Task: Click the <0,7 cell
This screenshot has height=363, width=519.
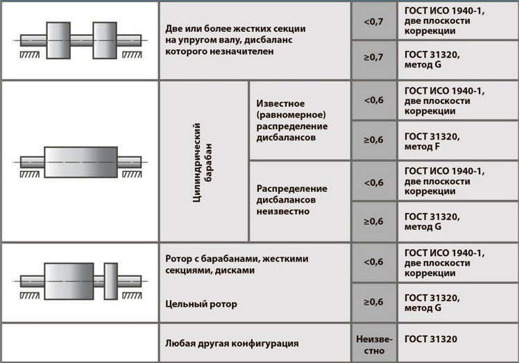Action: (374, 22)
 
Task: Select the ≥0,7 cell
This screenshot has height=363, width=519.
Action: (374, 60)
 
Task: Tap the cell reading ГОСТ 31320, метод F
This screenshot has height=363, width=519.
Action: (458, 141)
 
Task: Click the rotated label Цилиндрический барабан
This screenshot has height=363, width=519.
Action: (203, 162)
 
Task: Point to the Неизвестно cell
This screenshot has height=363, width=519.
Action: (374, 343)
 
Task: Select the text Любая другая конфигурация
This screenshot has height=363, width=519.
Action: (232, 343)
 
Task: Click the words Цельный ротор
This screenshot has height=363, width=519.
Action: (201, 304)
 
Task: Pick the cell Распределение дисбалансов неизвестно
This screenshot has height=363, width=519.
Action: (300, 201)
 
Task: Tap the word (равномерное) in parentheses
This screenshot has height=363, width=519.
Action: (291, 115)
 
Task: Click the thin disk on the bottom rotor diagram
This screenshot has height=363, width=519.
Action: (111, 281)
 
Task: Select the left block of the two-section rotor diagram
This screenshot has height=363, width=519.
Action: (58, 40)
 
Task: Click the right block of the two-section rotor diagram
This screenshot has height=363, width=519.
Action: (105, 40)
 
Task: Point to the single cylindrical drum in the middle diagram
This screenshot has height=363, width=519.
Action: (80, 162)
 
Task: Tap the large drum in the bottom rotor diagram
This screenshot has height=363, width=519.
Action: (69, 281)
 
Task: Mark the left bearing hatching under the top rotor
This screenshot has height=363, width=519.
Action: (30, 55)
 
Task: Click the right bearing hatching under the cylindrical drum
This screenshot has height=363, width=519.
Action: (132, 174)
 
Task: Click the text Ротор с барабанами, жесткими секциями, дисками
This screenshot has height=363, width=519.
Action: (237, 264)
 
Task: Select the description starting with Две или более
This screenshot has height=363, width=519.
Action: (235, 40)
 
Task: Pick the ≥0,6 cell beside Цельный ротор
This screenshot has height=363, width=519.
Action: (374, 302)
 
